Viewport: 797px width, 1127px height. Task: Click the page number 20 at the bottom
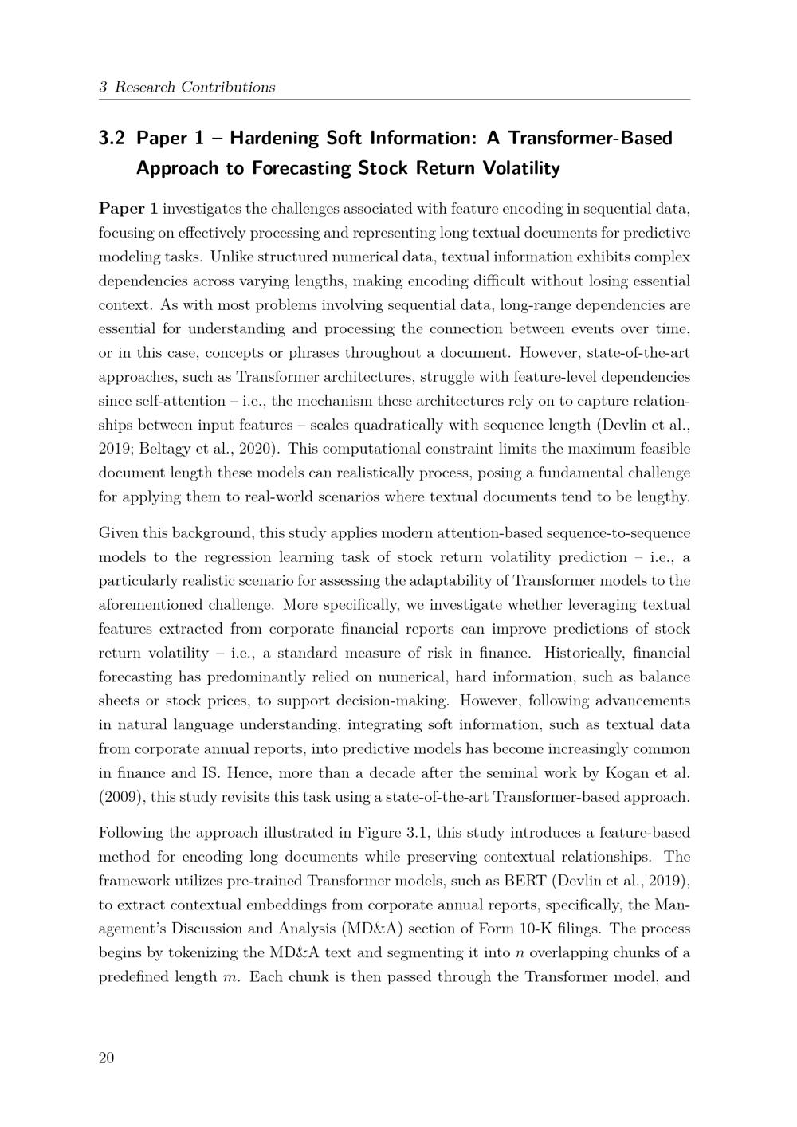pyautogui.click(x=106, y=1058)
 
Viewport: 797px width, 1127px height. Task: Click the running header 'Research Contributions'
pyautogui.click(x=195, y=88)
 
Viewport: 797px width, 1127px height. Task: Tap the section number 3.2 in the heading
pyautogui.click(x=112, y=139)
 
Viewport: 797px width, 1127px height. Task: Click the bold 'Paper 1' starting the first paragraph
pyautogui.click(x=128, y=209)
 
